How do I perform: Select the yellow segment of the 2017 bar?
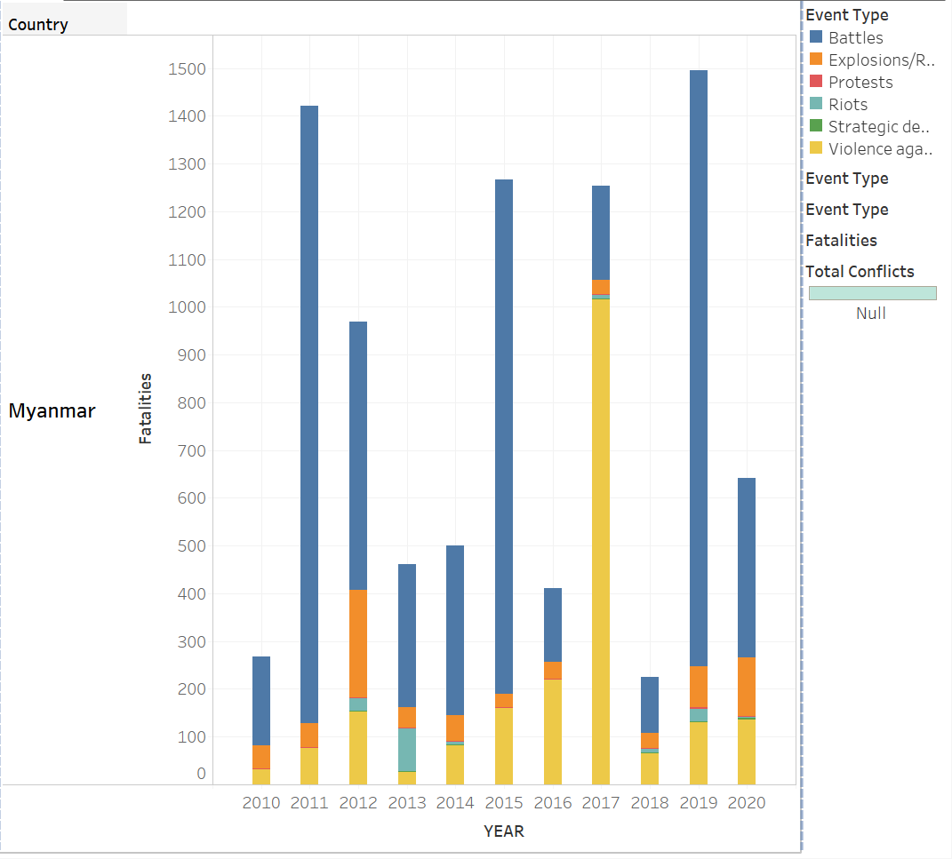coord(601,542)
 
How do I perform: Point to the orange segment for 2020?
coord(747,686)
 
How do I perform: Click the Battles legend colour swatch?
coord(815,37)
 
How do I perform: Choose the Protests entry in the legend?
coord(860,82)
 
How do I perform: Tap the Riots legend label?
coord(847,104)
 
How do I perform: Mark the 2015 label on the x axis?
coord(504,803)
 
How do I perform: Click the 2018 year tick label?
coord(650,803)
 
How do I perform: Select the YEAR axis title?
coord(504,831)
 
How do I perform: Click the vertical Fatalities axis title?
coord(146,409)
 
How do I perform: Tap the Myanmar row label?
coord(52,411)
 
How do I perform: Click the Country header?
coord(38,25)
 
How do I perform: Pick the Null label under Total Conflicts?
coord(871,314)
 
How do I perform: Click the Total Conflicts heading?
coord(860,272)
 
